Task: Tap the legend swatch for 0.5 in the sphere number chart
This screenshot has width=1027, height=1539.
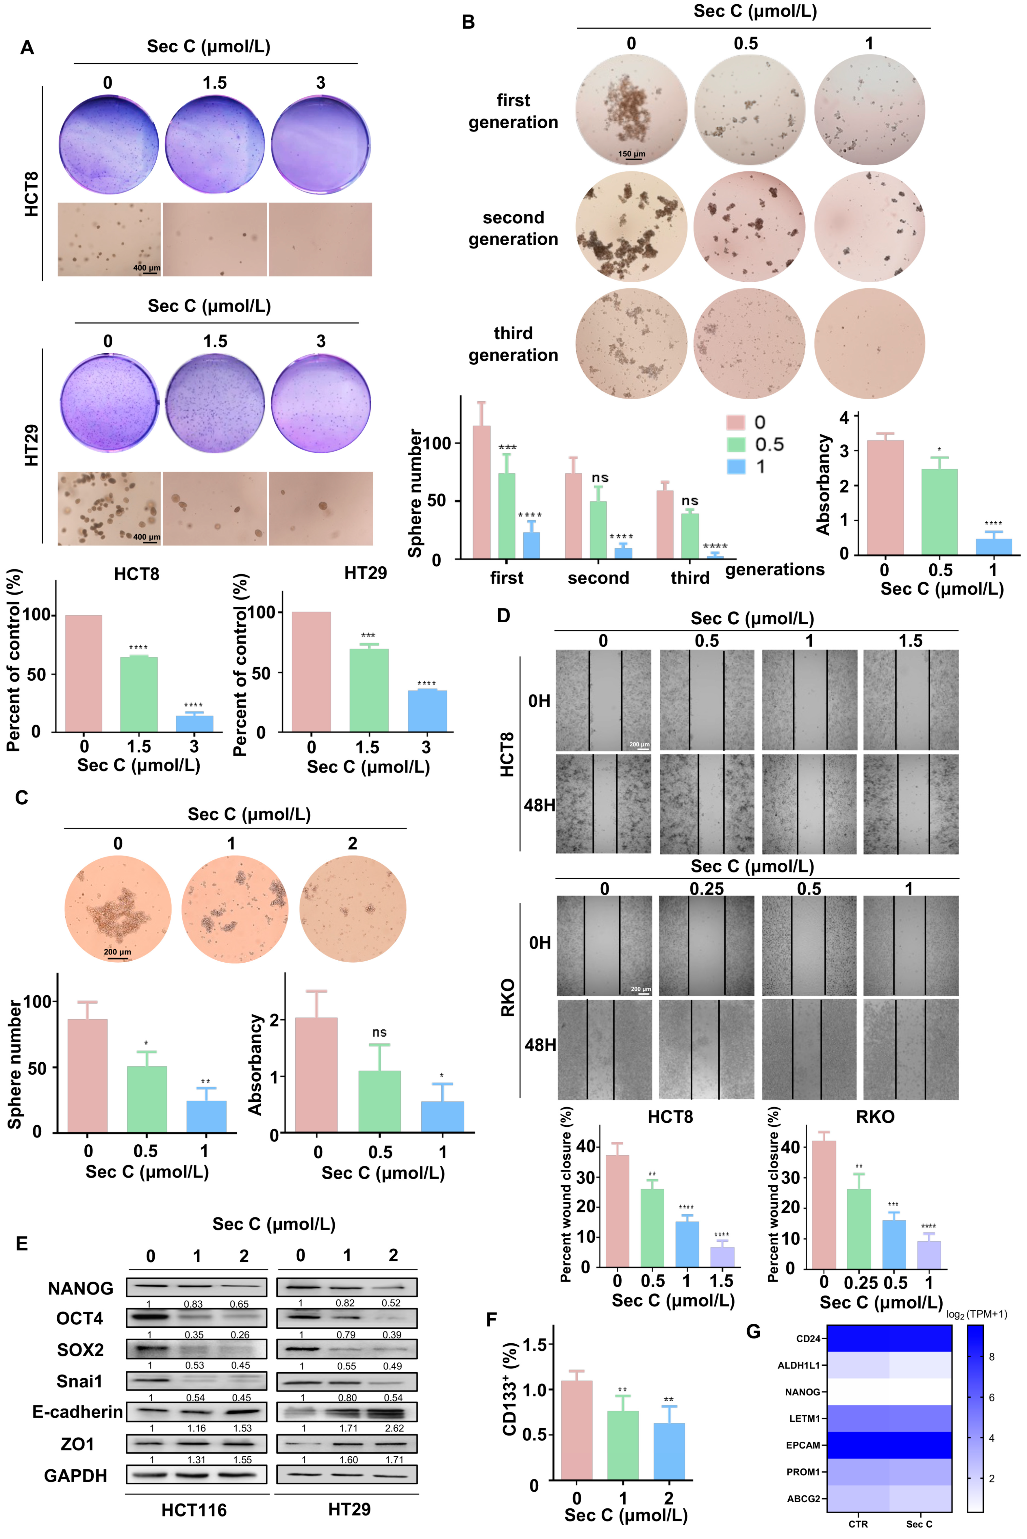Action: click(x=736, y=445)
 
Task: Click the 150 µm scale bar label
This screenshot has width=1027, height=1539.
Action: click(x=631, y=154)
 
